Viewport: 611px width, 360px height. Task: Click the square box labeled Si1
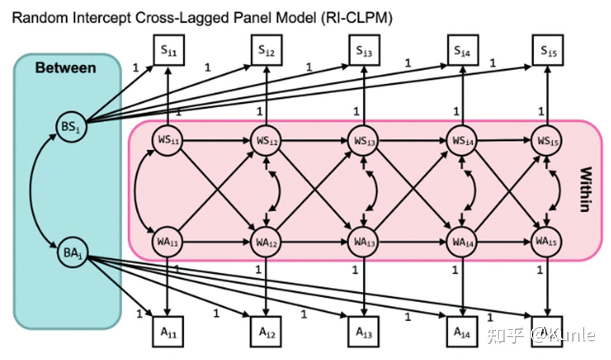tap(168, 51)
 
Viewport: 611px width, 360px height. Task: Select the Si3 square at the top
tap(364, 51)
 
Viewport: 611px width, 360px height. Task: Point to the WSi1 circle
tap(167, 140)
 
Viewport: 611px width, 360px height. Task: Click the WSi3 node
tap(364, 140)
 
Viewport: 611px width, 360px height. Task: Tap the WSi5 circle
tap(548, 140)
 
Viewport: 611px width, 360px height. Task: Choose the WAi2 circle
tap(266, 242)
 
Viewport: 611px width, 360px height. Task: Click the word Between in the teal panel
tap(65, 68)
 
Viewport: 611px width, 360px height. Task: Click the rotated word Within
tap(585, 189)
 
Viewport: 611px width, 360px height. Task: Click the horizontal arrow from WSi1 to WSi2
tap(217, 140)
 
